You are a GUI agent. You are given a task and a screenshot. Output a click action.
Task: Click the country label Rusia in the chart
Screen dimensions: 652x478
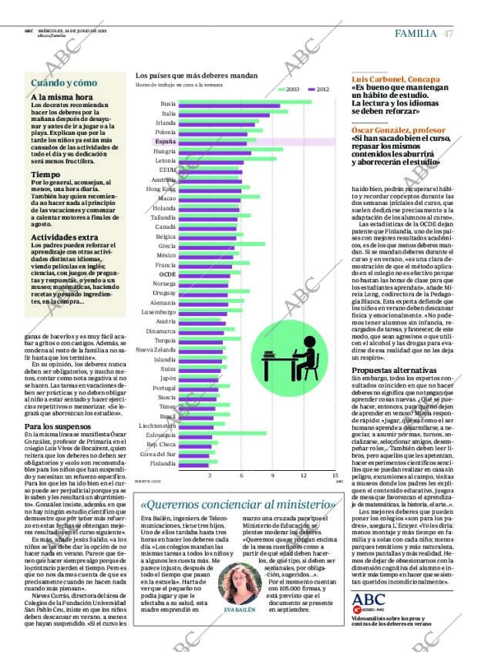[167, 103]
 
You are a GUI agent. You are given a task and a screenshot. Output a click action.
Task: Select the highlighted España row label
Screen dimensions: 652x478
[164, 142]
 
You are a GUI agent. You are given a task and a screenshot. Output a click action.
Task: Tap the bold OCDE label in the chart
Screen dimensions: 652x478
[167, 274]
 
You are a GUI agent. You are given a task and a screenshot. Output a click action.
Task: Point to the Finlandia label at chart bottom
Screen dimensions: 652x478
[162, 463]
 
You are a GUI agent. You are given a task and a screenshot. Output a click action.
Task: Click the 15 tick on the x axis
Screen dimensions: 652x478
[335, 476]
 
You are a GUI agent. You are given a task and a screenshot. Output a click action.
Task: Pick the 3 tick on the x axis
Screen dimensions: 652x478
[210, 476]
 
